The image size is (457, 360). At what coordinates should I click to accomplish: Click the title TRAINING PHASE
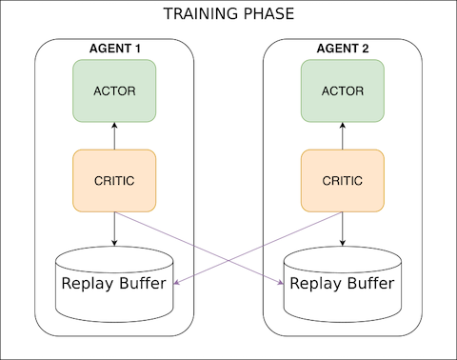[228, 14]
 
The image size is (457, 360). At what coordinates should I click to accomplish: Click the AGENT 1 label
[114, 48]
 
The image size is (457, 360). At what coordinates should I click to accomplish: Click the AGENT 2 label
[343, 48]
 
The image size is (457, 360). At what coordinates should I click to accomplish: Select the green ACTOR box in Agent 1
[114, 90]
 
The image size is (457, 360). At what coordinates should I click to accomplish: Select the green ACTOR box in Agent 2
[343, 90]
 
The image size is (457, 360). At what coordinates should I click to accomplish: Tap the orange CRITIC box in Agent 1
[114, 181]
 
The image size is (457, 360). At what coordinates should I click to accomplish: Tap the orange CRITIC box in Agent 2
[343, 181]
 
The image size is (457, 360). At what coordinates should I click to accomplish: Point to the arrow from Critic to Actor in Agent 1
[114, 135]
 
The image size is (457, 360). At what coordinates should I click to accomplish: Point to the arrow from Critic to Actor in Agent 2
[343, 135]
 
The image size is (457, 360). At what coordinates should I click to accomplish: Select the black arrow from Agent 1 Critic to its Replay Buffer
[114, 230]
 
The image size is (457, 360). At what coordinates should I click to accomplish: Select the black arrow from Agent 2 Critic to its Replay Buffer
[343, 230]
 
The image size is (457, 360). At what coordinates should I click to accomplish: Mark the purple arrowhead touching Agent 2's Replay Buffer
[281, 282]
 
